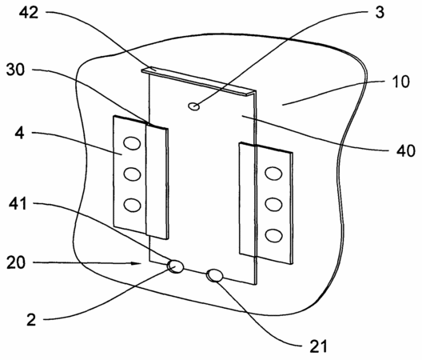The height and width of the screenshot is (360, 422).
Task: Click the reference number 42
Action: click(29, 12)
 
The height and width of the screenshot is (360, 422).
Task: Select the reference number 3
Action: click(380, 12)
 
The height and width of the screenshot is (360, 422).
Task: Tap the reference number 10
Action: click(400, 82)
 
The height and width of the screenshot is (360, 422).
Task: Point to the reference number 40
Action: click(406, 150)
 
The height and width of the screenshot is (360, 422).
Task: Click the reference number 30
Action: click(15, 70)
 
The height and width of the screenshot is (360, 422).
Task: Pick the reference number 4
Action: click(19, 133)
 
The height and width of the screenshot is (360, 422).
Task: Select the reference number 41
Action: click(18, 203)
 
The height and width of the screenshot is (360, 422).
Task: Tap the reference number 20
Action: click(16, 262)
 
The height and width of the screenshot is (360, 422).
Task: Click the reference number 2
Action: click(31, 320)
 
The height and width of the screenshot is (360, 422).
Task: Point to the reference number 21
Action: click(319, 346)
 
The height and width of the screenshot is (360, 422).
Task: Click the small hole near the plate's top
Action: click(193, 106)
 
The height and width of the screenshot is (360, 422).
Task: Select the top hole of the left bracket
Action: click(132, 143)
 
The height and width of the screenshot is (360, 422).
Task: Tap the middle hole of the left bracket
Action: click(132, 174)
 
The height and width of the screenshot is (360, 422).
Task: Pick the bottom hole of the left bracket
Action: click(132, 205)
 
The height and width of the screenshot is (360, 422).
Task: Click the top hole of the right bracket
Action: click(273, 174)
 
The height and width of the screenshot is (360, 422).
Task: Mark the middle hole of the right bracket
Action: click(273, 204)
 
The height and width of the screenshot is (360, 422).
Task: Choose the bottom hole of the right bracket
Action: click(273, 235)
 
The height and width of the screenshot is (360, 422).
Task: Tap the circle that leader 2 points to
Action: click(176, 266)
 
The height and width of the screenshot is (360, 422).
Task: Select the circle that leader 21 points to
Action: click(214, 276)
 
